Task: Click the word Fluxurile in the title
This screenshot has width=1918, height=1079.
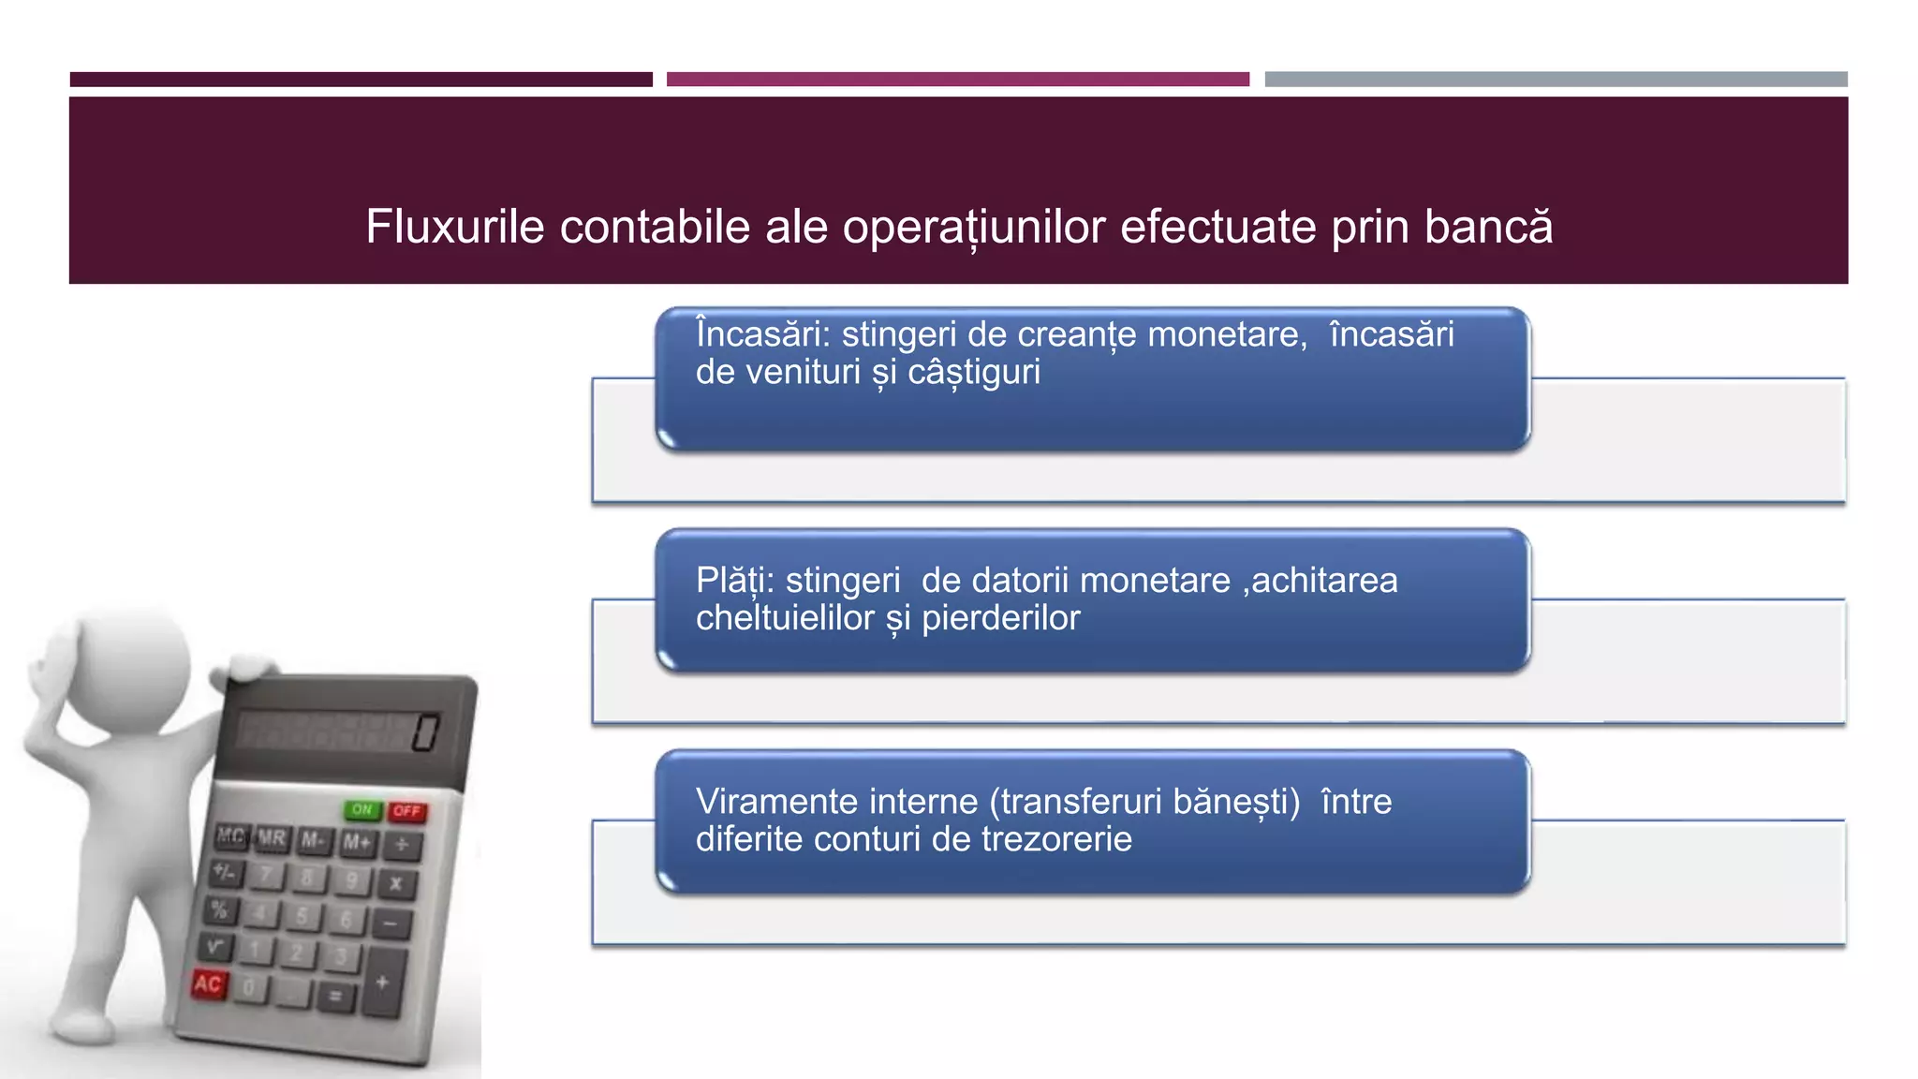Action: coord(454,227)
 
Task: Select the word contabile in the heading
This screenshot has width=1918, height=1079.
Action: coord(655,227)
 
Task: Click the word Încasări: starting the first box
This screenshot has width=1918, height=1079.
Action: coord(762,334)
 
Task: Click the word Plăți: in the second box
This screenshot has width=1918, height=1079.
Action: coord(734,581)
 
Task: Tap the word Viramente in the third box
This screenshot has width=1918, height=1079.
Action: coord(776,802)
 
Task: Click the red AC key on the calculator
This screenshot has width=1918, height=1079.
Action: coord(208,983)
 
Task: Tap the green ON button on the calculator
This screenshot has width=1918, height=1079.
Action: coord(362,809)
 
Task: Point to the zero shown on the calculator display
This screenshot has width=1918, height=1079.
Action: coord(425,732)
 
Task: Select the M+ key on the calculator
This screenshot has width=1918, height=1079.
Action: coord(357,842)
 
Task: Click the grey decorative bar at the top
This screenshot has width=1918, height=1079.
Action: coord(1556,80)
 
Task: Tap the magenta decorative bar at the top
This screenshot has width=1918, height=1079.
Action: coord(957,80)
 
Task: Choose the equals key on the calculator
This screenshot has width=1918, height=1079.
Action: coord(334,996)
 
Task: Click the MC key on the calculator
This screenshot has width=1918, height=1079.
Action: coord(231,835)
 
